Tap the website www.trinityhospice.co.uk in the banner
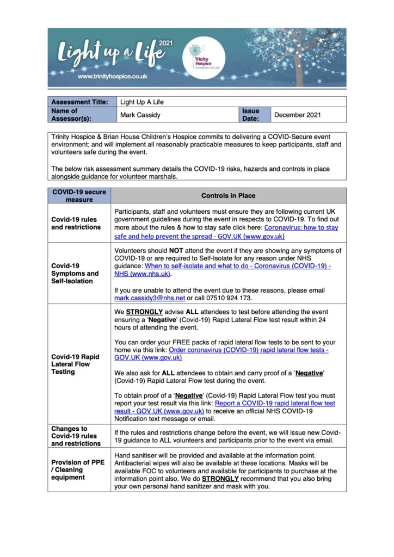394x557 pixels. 113,77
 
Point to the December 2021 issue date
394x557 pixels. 297,115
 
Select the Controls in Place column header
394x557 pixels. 228,196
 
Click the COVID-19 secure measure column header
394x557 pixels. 79,196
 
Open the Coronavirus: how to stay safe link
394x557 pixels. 226,232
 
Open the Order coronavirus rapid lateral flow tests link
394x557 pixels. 221,354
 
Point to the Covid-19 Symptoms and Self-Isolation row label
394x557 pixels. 75,274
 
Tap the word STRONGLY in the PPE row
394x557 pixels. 220,479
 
